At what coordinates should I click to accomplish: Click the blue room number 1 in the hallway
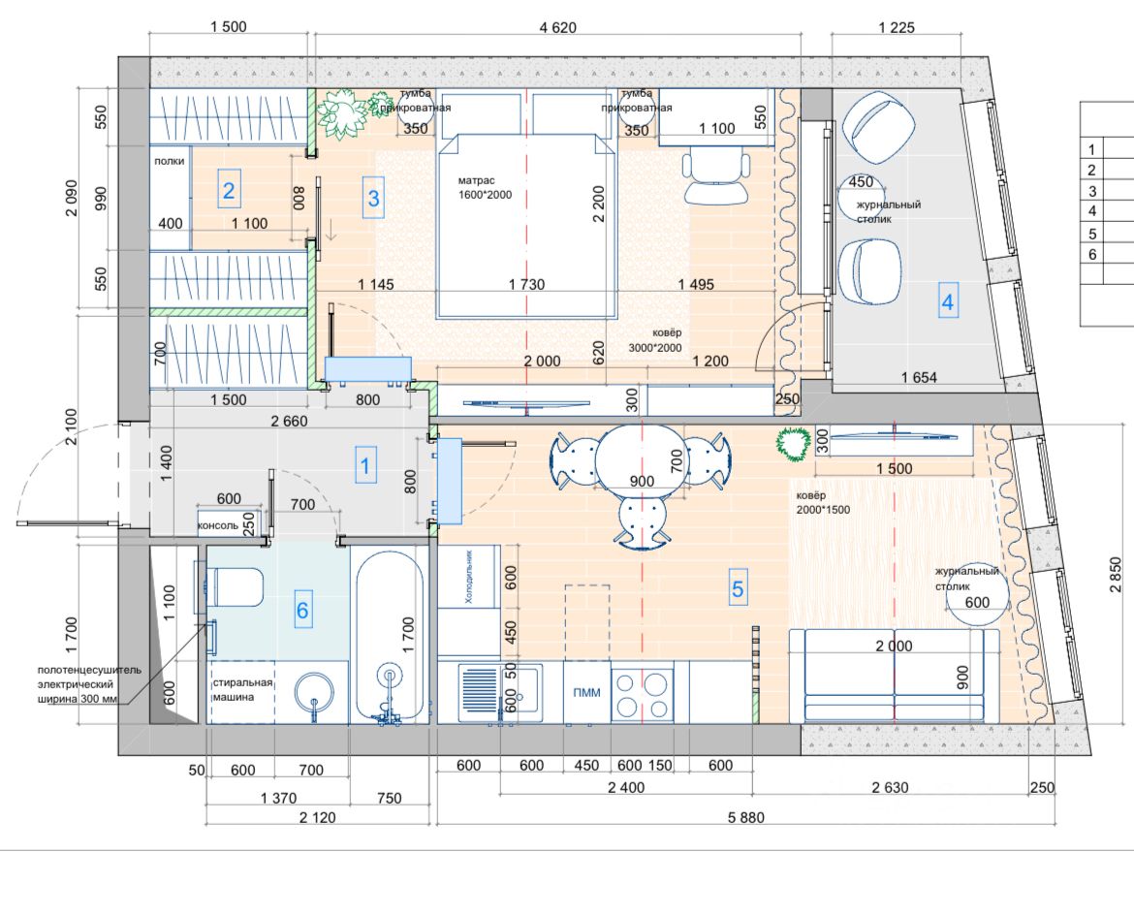coord(364,466)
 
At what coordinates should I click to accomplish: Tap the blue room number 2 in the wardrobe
coord(229,191)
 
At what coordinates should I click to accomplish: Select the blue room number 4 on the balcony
coord(947,302)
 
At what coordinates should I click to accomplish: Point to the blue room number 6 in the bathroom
coord(302,610)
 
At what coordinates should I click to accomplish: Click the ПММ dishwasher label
coord(585,692)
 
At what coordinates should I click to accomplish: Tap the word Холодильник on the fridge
coord(468,578)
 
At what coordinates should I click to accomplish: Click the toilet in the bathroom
coord(234,586)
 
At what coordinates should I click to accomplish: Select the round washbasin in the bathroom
coord(313,693)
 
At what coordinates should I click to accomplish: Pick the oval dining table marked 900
coord(642,461)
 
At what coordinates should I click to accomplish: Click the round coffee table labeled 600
coord(976,594)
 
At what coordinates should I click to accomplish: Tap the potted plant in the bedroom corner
coord(340,112)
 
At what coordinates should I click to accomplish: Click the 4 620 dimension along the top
coord(557,27)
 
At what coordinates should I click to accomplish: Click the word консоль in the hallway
coord(218,526)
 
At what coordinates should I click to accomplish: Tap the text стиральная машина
coord(241,689)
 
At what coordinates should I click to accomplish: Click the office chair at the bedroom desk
coord(716,175)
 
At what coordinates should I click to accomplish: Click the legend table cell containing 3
coord(1092,191)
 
